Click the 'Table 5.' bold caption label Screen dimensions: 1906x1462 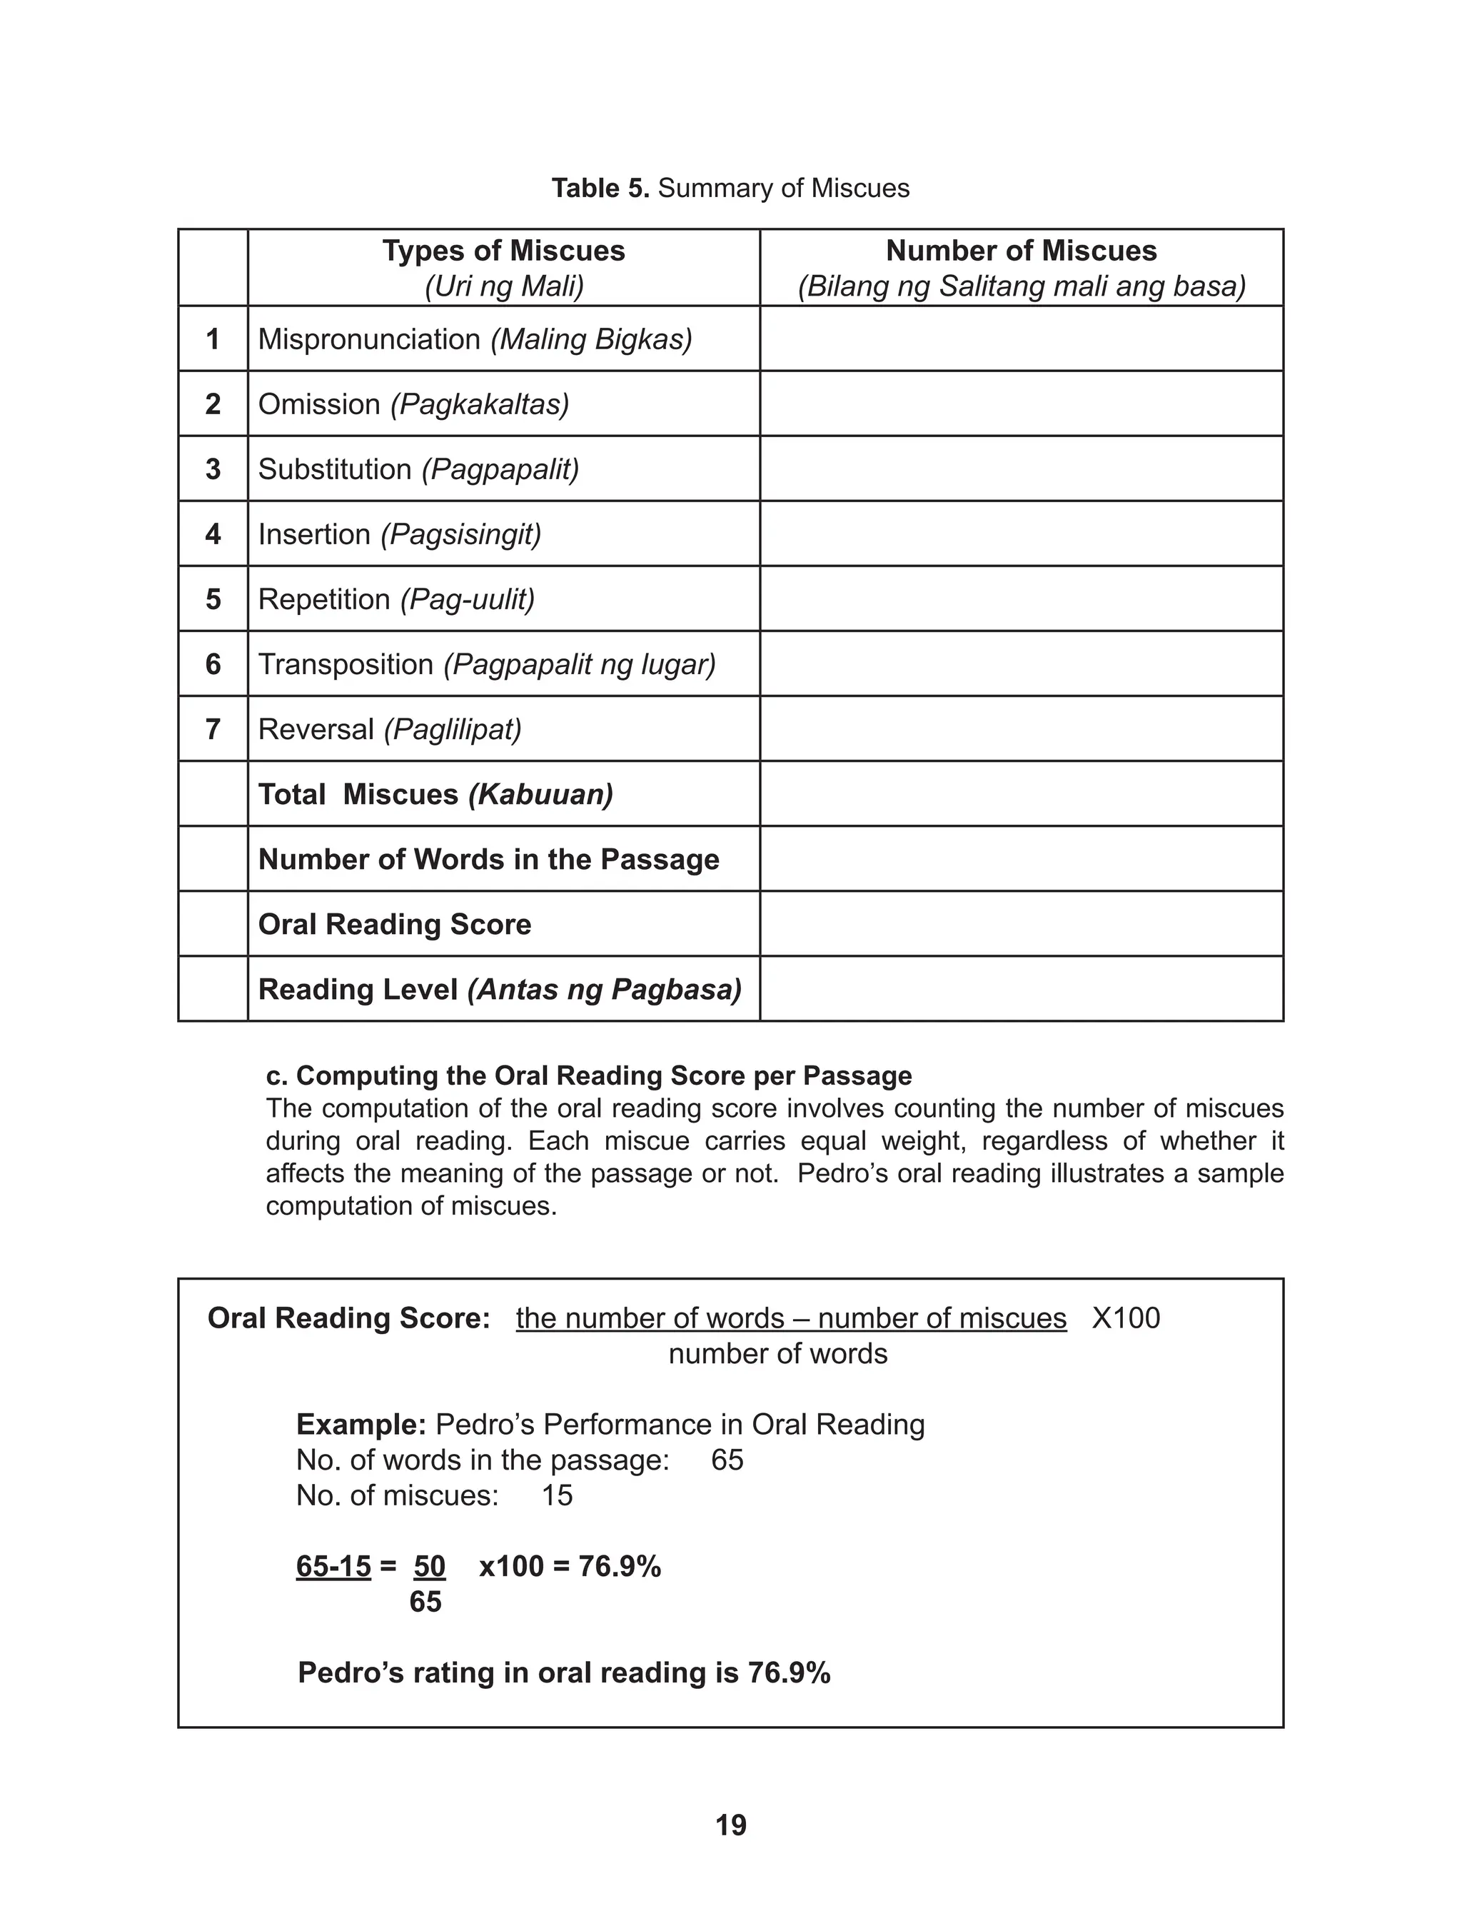tap(600, 188)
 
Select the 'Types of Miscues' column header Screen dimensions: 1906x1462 tap(503, 251)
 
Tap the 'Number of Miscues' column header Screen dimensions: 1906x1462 tap(1021, 251)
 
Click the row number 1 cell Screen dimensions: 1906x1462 tap(212, 338)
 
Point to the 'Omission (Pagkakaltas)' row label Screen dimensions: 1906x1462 tap(413, 403)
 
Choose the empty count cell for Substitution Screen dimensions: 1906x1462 tap(1021, 468)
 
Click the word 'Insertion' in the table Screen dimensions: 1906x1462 tap(314, 533)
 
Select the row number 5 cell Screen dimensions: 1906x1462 tap(212, 598)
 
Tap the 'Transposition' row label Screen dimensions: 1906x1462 tap(346, 664)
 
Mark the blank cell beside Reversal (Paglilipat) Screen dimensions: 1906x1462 tap(1021, 728)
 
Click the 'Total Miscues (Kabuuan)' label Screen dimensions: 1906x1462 tap(435, 793)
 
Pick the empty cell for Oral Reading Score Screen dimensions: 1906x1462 tap(1021, 923)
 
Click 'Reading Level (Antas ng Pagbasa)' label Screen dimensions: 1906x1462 tap(500, 988)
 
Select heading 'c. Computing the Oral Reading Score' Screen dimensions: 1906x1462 tap(588, 1075)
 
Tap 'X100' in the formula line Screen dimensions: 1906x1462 tap(1125, 1318)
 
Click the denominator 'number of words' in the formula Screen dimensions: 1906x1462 tap(778, 1354)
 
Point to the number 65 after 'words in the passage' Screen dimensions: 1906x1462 tap(727, 1460)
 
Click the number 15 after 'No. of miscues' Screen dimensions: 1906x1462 tap(557, 1495)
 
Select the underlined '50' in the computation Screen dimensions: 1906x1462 tap(429, 1567)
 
